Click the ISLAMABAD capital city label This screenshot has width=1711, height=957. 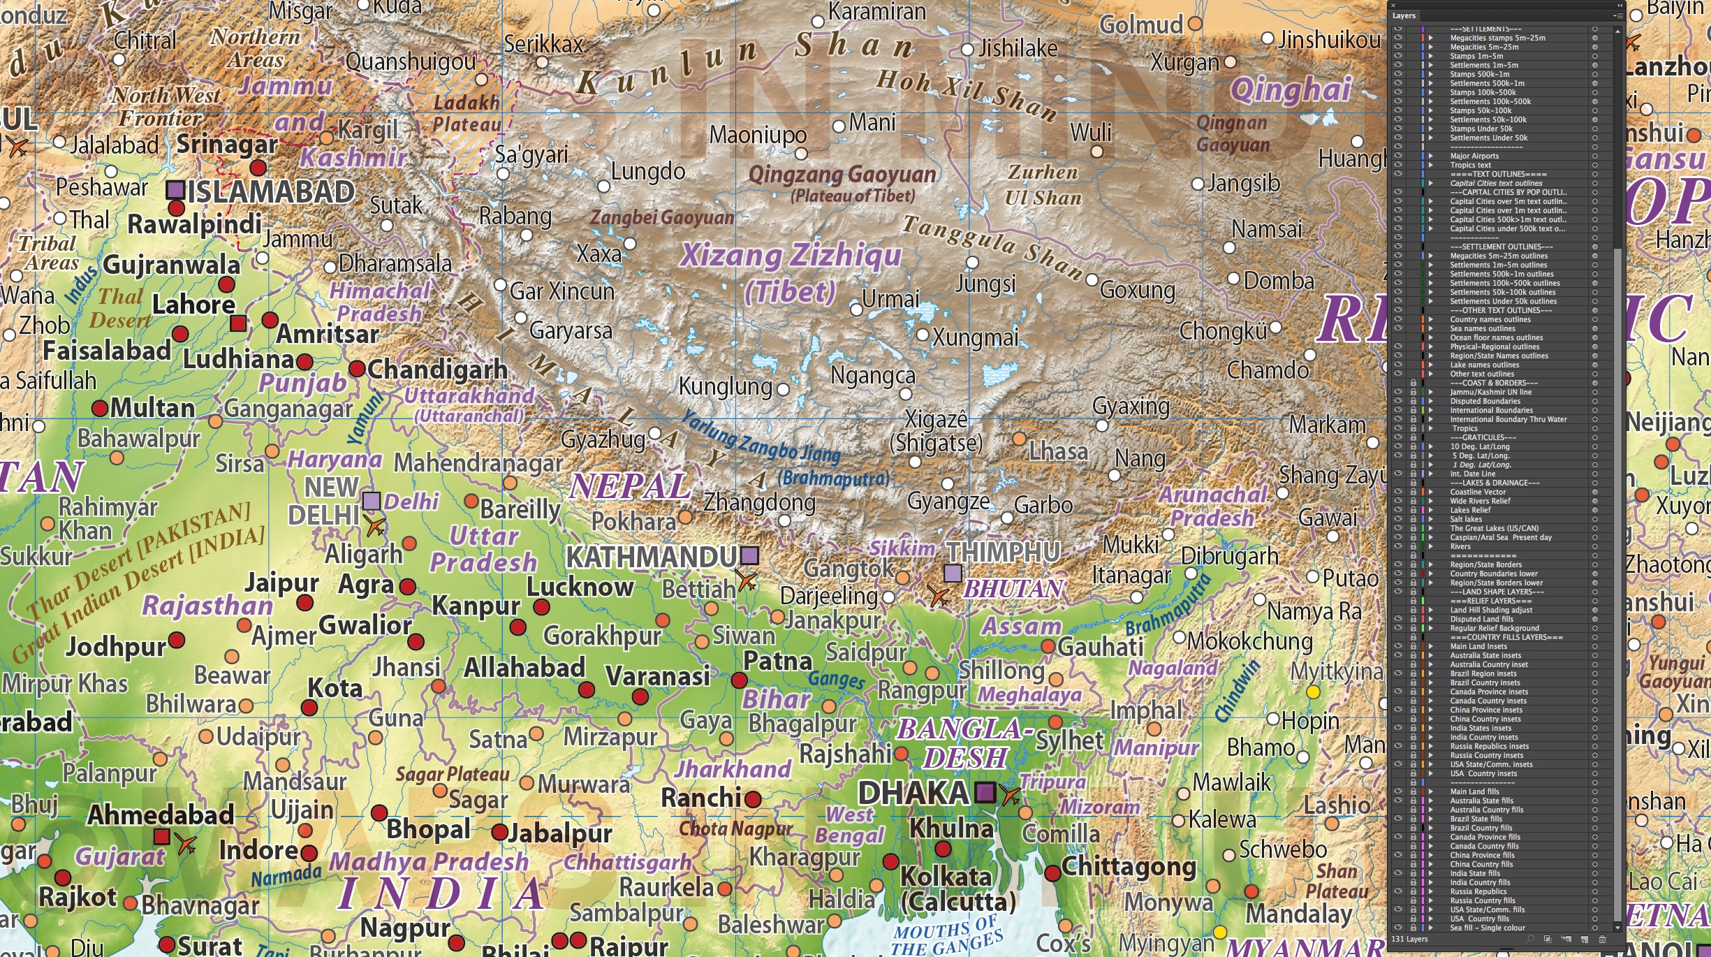(x=271, y=192)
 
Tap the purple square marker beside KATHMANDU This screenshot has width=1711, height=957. (x=749, y=555)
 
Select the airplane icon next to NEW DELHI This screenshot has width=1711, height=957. (x=375, y=525)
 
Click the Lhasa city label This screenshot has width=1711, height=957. (x=1058, y=452)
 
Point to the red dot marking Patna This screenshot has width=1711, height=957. (x=739, y=680)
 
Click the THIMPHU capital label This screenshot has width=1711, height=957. (x=1004, y=552)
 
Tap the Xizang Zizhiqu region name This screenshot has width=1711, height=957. (x=791, y=255)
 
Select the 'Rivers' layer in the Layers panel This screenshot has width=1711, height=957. (x=1461, y=546)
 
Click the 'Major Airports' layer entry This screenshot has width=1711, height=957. (x=1474, y=156)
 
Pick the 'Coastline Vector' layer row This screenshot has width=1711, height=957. (x=1478, y=492)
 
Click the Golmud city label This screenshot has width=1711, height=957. (x=1141, y=25)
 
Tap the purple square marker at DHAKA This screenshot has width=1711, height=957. (x=985, y=792)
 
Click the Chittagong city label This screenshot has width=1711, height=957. (x=1129, y=867)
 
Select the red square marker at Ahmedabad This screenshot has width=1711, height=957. (x=161, y=836)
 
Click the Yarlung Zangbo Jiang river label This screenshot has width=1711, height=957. (x=761, y=437)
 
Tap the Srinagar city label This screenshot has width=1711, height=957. (x=227, y=144)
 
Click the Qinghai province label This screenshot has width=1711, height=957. (x=1291, y=90)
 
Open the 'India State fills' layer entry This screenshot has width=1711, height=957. (x=1475, y=873)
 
